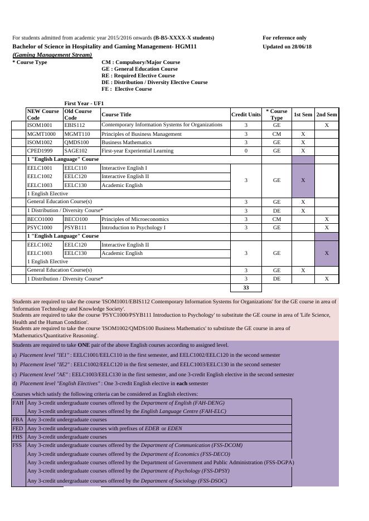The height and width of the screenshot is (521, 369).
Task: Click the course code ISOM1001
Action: pyautogui.click(x=39, y=125)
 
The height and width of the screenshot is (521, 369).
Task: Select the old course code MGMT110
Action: pyautogui.click(x=77, y=134)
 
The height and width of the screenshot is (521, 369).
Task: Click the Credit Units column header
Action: pyautogui.click(x=246, y=115)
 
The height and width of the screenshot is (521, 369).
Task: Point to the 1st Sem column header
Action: pyautogui.click(x=303, y=115)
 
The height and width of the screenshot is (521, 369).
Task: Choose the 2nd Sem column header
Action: pyautogui.click(x=327, y=115)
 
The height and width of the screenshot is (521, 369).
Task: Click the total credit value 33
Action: pyautogui.click(x=246, y=288)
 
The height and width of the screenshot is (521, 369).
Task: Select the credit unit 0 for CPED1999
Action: pyautogui.click(x=246, y=151)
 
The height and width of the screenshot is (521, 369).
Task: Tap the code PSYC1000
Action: pyautogui.click(x=40, y=228)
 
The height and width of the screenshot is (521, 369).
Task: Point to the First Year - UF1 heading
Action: pyautogui.click(x=84, y=104)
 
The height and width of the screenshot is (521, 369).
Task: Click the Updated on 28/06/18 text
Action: pyautogui.click(x=287, y=47)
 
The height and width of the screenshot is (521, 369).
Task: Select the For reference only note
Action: pyautogui.click(x=284, y=38)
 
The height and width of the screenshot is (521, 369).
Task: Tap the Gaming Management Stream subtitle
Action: pyautogui.click(x=52, y=55)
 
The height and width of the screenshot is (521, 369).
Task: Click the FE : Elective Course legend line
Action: pyautogui.click(x=127, y=89)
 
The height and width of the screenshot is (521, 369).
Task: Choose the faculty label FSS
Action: pyautogui.click(x=18, y=445)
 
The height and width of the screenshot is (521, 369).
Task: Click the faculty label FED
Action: pyautogui.click(x=18, y=429)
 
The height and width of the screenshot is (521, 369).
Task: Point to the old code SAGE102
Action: pyautogui.click(x=76, y=151)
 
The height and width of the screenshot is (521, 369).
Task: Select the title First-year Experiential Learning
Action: pyautogui.click(x=137, y=151)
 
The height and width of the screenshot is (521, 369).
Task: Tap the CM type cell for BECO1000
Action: pyautogui.click(x=276, y=219)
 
